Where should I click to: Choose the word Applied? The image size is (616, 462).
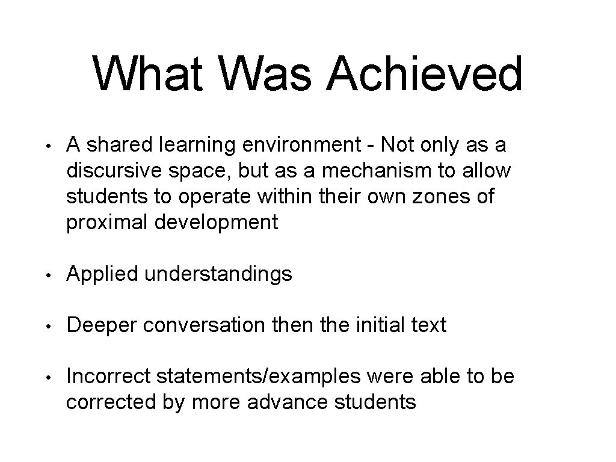[x=102, y=274]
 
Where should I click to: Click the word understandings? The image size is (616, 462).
[x=218, y=275]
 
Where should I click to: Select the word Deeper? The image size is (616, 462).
[x=102, y=326]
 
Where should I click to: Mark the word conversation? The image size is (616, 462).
[x=204, y=325]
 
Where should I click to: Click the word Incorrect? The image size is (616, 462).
[x=108, y=377]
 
